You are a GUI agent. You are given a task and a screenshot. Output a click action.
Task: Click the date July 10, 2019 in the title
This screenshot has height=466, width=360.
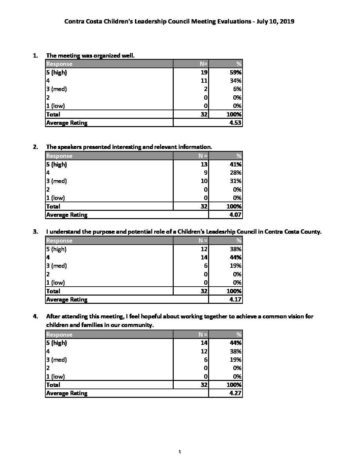pos(273,22)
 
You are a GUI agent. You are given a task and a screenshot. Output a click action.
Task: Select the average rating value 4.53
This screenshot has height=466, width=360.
pos(236,123)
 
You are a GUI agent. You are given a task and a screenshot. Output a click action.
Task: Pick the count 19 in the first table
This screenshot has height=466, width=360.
pos(204,72)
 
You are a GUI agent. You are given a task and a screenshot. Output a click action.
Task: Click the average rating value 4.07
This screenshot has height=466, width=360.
pos(236,215)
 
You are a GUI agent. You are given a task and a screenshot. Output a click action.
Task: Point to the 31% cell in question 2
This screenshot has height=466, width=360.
pos(236,181)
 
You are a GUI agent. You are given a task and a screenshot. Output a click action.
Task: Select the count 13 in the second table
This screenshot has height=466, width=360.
pos(204,164)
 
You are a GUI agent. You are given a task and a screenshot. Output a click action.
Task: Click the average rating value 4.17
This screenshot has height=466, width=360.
pos(236,300)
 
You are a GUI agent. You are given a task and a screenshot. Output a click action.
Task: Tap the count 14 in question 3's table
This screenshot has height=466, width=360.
pos(204,257)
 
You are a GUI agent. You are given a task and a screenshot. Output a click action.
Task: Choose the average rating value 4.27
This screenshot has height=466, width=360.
pos(236,393)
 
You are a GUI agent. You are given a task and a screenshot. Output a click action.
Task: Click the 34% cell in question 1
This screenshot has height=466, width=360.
pos(236,81)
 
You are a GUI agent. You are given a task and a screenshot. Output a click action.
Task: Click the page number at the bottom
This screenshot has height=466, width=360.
pos(179,451)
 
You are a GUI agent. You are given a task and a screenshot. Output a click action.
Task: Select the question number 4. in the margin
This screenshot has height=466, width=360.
pos(35,316)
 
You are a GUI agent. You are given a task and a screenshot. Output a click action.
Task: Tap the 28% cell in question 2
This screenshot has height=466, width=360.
pos(236,173)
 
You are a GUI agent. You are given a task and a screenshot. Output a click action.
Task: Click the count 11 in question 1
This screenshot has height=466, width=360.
pos(204,81)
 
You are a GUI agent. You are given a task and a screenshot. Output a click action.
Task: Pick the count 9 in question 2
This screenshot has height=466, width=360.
pos(206,173)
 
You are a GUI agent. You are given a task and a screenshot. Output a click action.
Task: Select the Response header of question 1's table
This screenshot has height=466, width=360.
pos(59,64)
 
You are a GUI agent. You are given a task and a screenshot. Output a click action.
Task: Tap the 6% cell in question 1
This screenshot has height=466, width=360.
pos(237,89)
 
